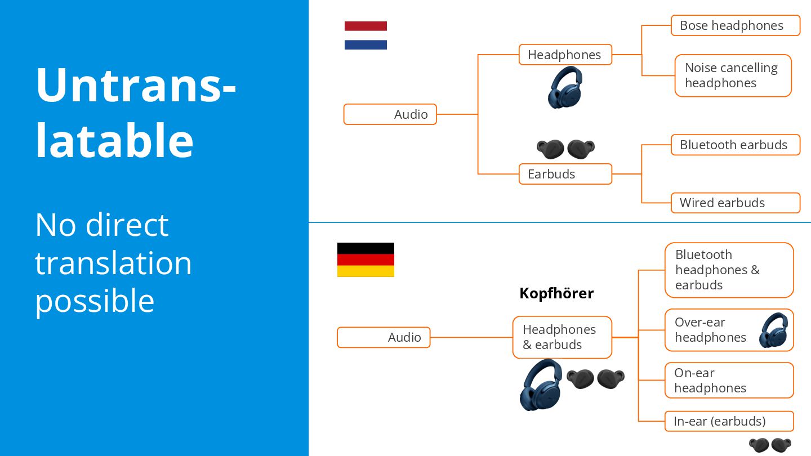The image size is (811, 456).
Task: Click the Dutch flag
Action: click(366, 35)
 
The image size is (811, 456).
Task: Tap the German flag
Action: click(366, 260)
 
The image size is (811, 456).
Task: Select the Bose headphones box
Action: click(735, 25)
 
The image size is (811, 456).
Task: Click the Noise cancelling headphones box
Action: click(733, 75)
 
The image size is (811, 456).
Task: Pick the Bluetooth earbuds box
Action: click(735, 145)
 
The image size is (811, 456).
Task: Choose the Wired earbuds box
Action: click(735, 203)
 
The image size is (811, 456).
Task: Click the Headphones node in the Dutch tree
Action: click(565, 55)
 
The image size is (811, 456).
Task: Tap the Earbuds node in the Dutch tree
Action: click(565, 174)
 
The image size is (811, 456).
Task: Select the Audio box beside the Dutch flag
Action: click(390, 114)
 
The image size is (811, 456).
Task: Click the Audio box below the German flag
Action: click(384, 337)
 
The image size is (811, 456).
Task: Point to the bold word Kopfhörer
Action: click(556, 293)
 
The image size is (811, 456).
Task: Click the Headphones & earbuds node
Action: click(562, 337)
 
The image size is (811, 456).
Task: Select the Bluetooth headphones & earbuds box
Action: click(729, 270)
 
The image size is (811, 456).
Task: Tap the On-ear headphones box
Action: click(729, 381)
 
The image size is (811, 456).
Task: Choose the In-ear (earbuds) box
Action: click(729, 421)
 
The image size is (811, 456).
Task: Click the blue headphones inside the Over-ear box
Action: click(773, 330)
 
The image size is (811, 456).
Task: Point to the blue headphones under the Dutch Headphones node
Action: click(565, 87)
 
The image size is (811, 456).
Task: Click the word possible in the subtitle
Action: click(95, 301)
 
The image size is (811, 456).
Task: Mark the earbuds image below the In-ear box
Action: click(770, 445)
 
